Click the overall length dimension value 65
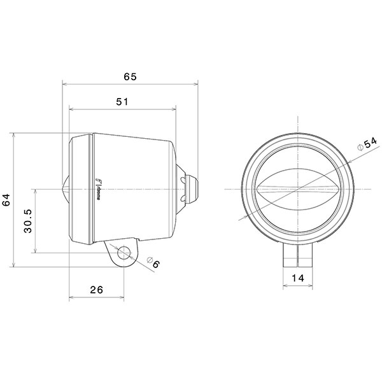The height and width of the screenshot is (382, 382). [130, 76]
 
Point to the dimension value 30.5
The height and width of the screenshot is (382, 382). [28, 220]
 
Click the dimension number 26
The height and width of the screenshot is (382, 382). [96, 290]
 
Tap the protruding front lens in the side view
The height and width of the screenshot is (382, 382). [66, 188]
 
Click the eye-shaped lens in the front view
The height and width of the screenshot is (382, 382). [297, 189]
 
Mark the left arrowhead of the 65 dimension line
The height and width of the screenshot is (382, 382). [64, 83]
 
